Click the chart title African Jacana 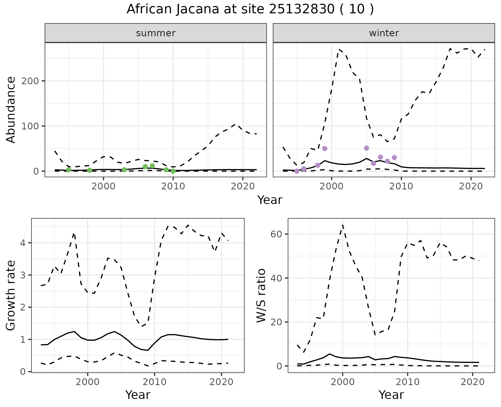[x=250, y=9]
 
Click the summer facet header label [x=156, y=33]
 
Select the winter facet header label [x=384, y=33]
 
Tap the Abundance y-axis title [x=11, y=110]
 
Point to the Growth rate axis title [x=11, y=296]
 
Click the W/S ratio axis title [x=261, y=296]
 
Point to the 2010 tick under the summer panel [x=173, y=186]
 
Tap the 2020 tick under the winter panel [x=471, y=186]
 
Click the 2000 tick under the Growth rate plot [x=88, y=382]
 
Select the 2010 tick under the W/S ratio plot [x=407, y=382]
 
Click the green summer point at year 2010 [x=173, y=171]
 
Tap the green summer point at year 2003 [x=124, y=170]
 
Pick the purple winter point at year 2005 [x=366, y=148]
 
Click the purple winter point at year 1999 [x=325, y=148]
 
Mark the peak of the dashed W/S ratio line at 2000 [x=343, y=225]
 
